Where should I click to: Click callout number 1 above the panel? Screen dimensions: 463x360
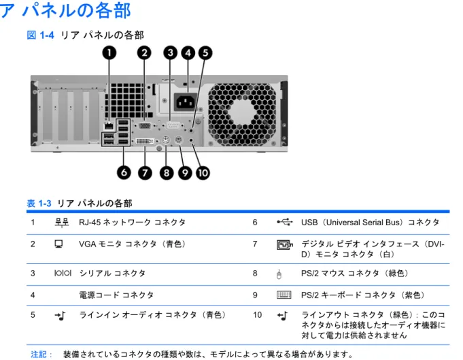pyautogui.click(x=109, y=53)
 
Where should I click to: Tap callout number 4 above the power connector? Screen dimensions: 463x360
pyautogui.click(x=188, y=53)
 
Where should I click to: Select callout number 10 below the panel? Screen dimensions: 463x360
pyautogui.click(x=203, y=173)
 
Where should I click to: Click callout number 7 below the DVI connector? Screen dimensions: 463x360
pyautogui.click(x=145, y=173)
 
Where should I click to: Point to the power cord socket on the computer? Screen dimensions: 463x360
pyautogui.click(x=186, y=102)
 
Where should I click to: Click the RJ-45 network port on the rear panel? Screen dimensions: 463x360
pyautogui.click(x=109, y=126)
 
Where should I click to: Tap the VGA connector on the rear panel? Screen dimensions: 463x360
pyautogui.click(x=144, y=126)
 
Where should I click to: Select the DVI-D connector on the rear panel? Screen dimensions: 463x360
pyautogui.click(x=145, y=141)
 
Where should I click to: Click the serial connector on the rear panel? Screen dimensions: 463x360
pyautogui.click(x=173, y=126)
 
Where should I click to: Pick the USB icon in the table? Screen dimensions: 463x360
pyautogui.click(x=285, y=222)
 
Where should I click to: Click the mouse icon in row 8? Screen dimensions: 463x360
pyautogui.click(x=279, y=274)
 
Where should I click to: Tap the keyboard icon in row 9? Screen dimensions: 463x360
pyautogui.click(x=284, y=295)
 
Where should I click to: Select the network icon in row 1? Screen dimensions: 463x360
pyautogui.click(x=62, y=223)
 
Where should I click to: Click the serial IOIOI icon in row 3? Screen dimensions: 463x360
pyautogui.click(x=63, y=273)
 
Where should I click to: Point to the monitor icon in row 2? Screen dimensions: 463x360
pyautogui.click(x=58, y=244)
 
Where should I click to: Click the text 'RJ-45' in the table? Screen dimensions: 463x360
pyautogui.click(x=90, y=223)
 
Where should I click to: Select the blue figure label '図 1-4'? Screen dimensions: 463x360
pyautogui.click(x=41, y=35)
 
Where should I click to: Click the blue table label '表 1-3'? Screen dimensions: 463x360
pyautogui.click(x=39, y=203)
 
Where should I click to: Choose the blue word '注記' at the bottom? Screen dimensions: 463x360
pyautogui.click(x=39, y=354)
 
